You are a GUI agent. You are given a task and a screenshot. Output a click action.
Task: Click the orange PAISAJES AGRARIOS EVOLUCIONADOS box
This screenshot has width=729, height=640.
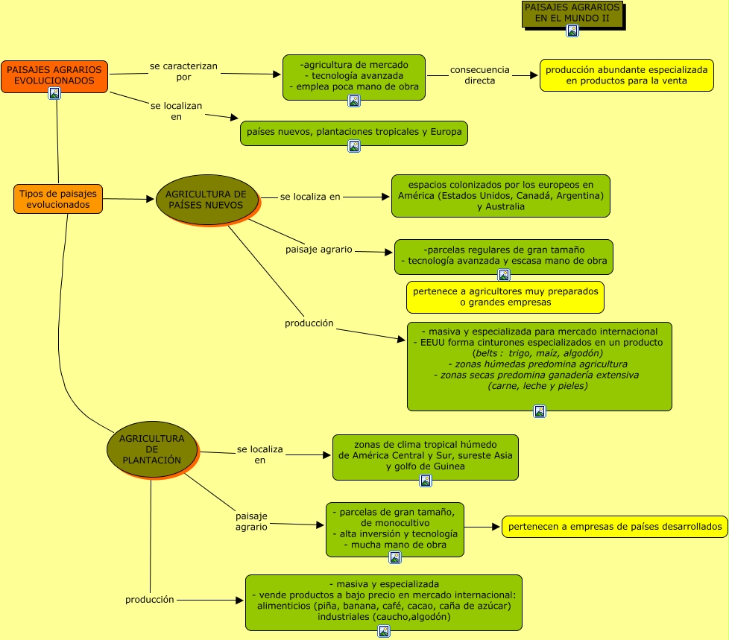(x=54, y=75)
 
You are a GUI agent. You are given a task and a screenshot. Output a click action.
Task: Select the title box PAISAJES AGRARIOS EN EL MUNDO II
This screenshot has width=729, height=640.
(x=572, y=13)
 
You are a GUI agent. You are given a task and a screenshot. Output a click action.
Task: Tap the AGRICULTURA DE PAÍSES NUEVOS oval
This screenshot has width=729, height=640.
(x=206, y=199)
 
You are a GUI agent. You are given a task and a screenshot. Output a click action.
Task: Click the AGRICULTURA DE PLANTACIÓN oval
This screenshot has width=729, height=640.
(x=151, y=449)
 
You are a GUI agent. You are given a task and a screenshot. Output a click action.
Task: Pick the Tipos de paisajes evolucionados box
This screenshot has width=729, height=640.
(x=58, y=199)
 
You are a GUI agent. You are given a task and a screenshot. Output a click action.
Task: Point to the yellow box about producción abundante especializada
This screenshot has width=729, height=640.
(x=626, y=75)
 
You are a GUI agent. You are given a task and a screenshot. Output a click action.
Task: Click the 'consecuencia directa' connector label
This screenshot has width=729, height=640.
(x=480, y=75)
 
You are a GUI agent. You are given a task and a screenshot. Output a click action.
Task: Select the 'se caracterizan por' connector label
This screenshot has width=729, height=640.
(x=183, y=72)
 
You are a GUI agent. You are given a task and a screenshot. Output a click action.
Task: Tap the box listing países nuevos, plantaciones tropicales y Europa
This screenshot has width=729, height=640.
(x=354, y=132)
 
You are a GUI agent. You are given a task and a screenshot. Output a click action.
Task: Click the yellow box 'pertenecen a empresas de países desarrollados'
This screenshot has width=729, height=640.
(x=614, y=527)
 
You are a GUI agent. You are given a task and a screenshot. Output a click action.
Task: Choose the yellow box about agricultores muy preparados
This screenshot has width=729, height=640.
(x=505, y=297)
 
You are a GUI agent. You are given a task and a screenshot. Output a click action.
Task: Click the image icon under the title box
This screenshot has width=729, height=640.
(x=572, y=31)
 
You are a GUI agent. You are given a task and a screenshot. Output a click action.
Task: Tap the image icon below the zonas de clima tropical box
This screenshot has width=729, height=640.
(x=426, y=481)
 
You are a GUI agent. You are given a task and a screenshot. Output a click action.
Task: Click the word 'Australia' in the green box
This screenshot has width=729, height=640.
(x=505, y=206)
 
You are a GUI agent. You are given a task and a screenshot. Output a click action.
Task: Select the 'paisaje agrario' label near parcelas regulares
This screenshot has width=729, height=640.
(x=319, y=250)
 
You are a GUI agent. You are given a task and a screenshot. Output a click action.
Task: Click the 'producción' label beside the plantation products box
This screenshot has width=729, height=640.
(x=149, y=599)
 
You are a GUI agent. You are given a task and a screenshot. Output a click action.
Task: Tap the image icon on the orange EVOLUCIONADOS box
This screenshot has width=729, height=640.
(x=54, y=93)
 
